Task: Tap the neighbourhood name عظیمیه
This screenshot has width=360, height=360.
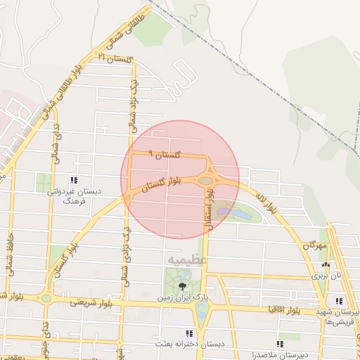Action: [188, 260]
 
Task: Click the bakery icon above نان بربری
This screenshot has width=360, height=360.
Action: [325, 265]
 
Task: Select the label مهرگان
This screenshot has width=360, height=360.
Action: [316, 246]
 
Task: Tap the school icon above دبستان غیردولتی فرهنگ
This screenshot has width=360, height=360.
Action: [74, 181]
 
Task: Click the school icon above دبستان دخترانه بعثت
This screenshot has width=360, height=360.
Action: [188, 333]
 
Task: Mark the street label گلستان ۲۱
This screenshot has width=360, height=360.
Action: [116, 58]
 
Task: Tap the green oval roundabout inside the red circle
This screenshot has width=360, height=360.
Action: [205, 181]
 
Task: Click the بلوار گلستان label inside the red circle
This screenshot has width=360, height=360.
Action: [161, 184]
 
